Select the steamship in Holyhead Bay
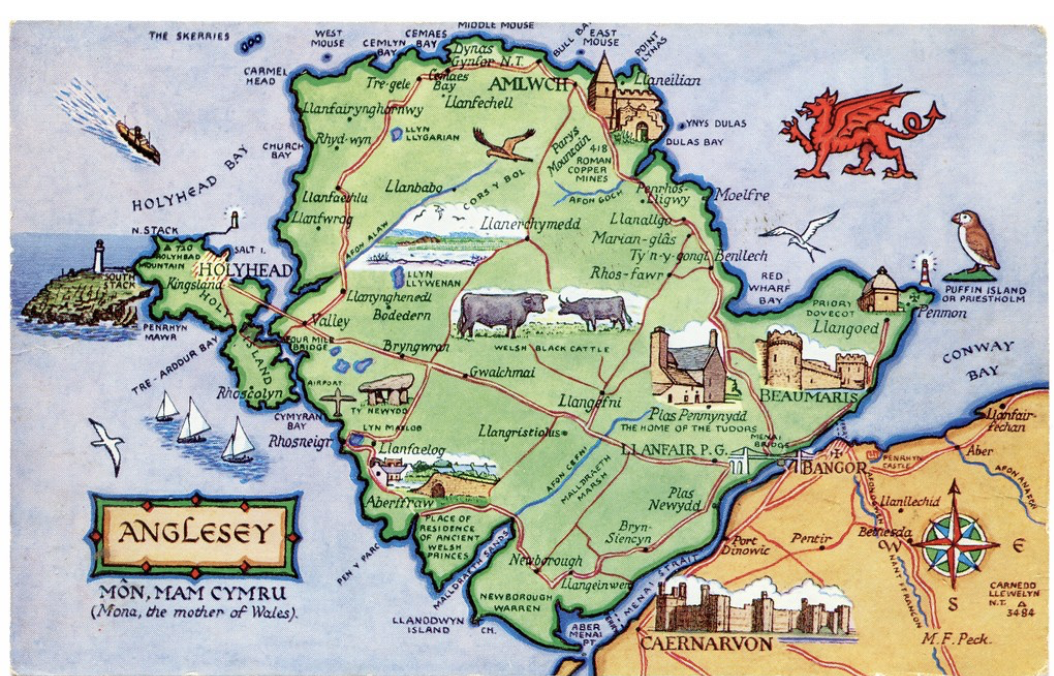pos(138,141)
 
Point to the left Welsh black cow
pos(502,313)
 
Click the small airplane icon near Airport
pos(338,401)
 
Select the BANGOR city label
pos(824,467)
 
